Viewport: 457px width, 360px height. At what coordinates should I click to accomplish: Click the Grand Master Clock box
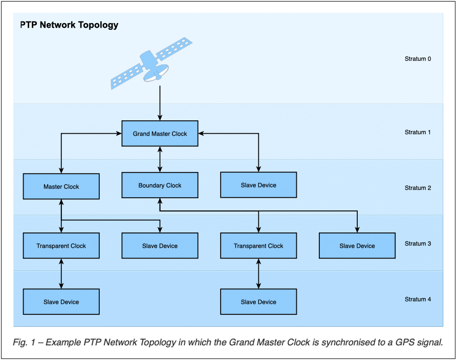click(160, 134)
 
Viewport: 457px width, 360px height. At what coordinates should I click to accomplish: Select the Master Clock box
click(61, 187)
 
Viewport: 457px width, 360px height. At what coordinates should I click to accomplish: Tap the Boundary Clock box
click(160, 185)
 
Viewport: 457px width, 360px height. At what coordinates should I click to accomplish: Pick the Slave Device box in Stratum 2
click(258, 185)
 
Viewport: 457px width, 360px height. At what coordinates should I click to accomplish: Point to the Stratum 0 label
click(418, 59)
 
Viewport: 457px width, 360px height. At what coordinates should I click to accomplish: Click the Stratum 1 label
click(418, 132)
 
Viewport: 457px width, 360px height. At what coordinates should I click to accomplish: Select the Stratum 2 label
click(418, 188)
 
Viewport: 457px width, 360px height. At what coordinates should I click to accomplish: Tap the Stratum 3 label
click(418, 244)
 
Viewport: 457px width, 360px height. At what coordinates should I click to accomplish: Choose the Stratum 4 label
click(418, 299)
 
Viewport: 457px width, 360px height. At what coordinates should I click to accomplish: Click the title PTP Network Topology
click(69, 25)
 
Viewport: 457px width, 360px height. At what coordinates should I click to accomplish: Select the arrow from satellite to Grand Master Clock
click(160, 102)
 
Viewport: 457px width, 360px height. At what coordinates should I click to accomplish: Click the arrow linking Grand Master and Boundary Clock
click(160, 159)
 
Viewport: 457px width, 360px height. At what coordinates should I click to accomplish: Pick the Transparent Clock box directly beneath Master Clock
click(61, 246)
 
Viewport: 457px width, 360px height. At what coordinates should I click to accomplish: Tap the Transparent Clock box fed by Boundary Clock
click(258, 246)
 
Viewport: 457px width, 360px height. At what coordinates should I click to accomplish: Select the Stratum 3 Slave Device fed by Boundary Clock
click(357, 246)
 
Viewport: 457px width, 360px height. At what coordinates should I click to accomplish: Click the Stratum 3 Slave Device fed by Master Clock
click(160, 246)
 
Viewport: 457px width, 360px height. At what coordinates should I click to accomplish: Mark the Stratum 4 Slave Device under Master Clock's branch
click(61, 302)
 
